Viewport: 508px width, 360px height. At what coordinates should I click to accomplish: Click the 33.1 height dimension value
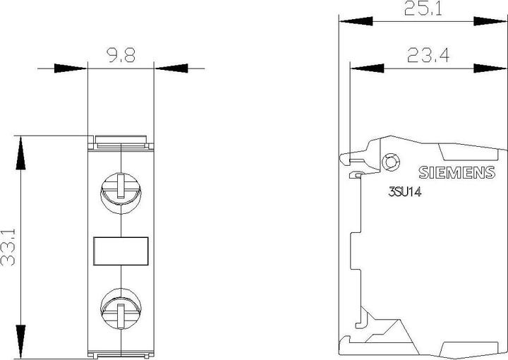point(10,245)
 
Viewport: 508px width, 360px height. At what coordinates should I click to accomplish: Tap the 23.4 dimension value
point(428,55)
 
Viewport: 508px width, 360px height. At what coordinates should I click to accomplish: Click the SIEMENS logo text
point(456,172)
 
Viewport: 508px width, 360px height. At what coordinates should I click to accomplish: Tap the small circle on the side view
point(389,162)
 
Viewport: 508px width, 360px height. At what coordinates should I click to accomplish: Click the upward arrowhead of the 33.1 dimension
point(21,149)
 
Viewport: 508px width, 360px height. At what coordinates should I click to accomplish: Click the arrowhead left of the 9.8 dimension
point(72,68)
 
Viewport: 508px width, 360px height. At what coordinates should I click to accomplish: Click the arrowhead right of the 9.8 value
point(169,68)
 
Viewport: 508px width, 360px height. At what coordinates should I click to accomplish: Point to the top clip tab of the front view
point(121,141)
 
